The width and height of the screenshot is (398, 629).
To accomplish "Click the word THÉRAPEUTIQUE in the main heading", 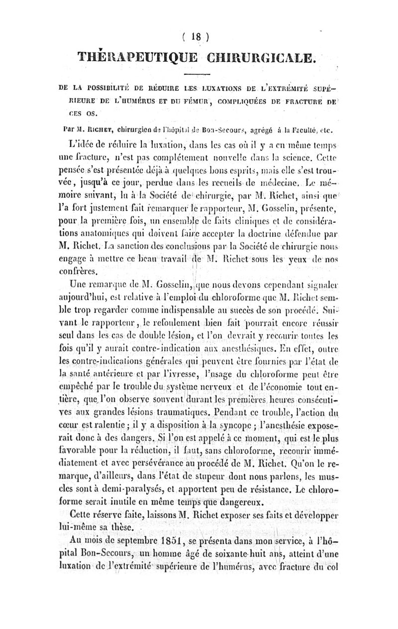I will tap(138, 58).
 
